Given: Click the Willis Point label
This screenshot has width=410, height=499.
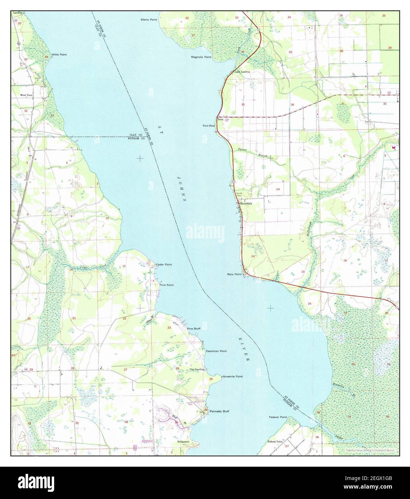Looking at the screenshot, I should point(59,55).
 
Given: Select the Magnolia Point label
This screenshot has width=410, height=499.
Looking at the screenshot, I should point(201,57).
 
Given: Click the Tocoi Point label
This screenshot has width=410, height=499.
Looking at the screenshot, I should point(209,126).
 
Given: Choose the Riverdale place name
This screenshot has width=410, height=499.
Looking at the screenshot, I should point(246,203).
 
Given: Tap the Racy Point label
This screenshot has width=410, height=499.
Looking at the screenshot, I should point(234,274).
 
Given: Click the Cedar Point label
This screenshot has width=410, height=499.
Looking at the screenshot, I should point(164,265).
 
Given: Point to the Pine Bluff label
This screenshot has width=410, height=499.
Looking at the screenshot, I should point(194,328).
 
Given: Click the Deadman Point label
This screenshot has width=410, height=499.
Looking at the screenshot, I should point(216,351).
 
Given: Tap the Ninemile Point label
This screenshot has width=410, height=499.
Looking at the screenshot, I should point(232,377).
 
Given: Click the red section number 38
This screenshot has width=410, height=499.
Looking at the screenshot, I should point(277,189).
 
